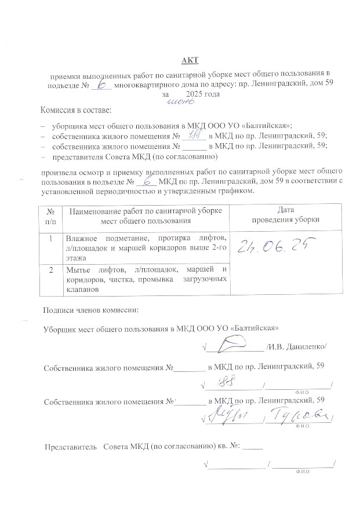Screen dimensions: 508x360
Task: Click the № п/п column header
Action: [x=51, y=215]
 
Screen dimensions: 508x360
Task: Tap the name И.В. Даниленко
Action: [x=297, y=346]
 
